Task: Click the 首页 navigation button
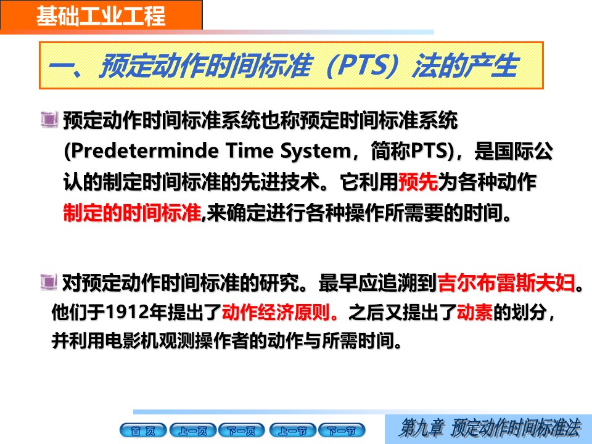tap(143, 430)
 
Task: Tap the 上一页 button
tap(193, 430)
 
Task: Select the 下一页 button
tap(242, 430)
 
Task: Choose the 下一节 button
tap(342, 430)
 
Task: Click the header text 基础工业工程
tap(101, 16)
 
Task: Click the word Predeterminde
tap(145, 150)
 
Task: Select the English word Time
tap(250, 150)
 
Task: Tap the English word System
tap(316, 152)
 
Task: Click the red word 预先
tap(418, 182)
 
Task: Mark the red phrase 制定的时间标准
tap(132, 213)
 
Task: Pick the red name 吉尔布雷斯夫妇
tap(506, 283)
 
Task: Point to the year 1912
tap(127, 312)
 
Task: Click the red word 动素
tap(475, 312)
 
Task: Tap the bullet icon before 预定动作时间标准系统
tap(49, 119)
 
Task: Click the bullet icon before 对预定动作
tap(49, 282)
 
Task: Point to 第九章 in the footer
tap(422, 428)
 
